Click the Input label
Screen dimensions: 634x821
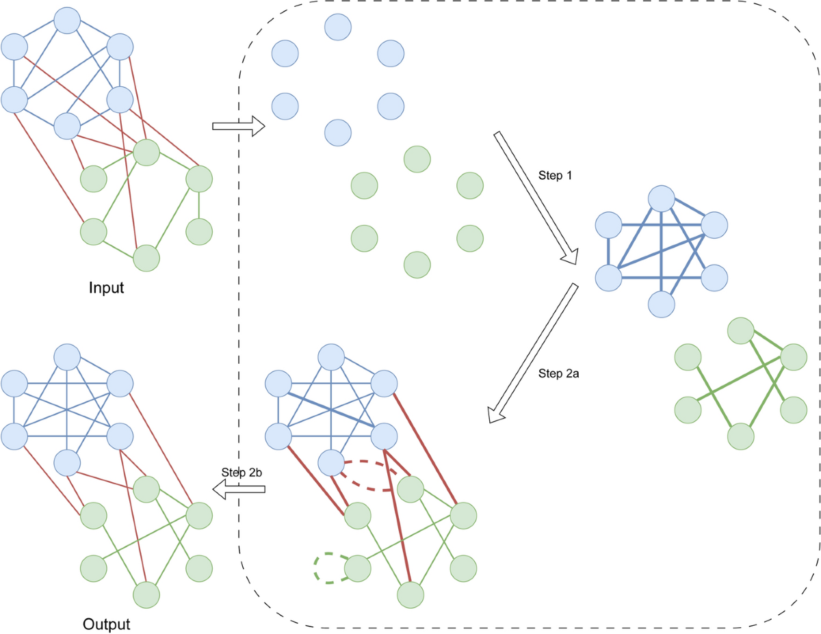point(106,288)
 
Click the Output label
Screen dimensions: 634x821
point(106,624)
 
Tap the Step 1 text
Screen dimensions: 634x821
point(555,176)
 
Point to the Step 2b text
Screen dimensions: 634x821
point(243,473)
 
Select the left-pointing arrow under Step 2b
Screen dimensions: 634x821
point(238,488)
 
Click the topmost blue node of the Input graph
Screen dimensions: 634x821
point(67,20)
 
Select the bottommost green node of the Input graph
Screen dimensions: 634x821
point(146,258)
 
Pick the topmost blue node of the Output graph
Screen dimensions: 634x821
point(67,358)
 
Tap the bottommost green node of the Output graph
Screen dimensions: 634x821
point(146,594)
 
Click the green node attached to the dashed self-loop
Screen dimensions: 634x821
point(356,568)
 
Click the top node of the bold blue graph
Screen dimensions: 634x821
point(662,198)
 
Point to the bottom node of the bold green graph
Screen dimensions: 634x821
point(740,436)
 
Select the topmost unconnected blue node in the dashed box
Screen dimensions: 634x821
point(337,27)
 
